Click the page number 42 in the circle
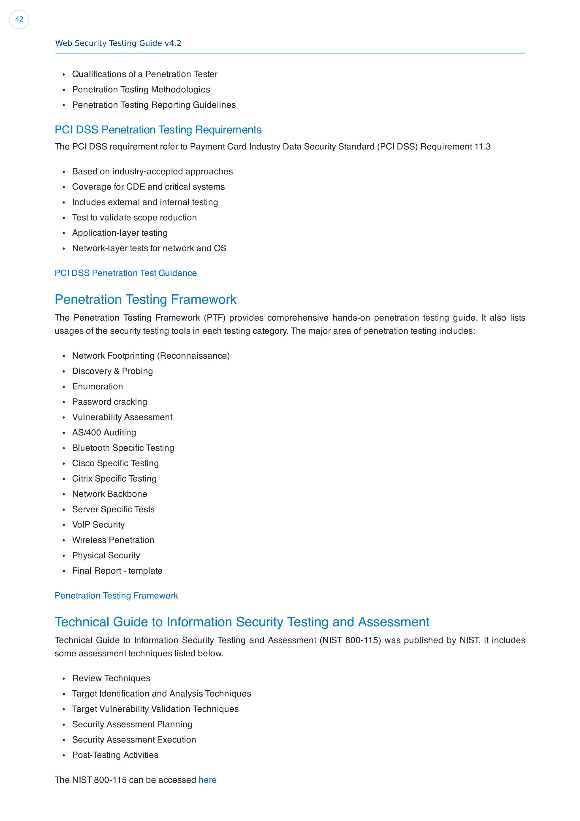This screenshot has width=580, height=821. pos(19,19)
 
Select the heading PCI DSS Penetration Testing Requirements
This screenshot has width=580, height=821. pos(158,130)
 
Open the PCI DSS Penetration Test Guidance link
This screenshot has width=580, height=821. pos(125,273)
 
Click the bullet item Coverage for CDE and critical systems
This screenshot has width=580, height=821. pos(148,187)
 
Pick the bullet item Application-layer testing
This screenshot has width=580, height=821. pos(120,233)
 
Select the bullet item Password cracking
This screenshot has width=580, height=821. pos(109,402)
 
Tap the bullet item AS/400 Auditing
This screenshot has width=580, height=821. pos(104,433)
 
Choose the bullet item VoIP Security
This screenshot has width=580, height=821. pos(98,525)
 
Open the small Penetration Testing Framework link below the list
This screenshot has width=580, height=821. pos(116,596)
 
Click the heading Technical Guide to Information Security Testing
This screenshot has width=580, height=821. pos(242,622)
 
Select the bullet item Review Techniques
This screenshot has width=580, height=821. pos(111,678)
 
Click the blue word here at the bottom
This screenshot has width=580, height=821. pos(207,780)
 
